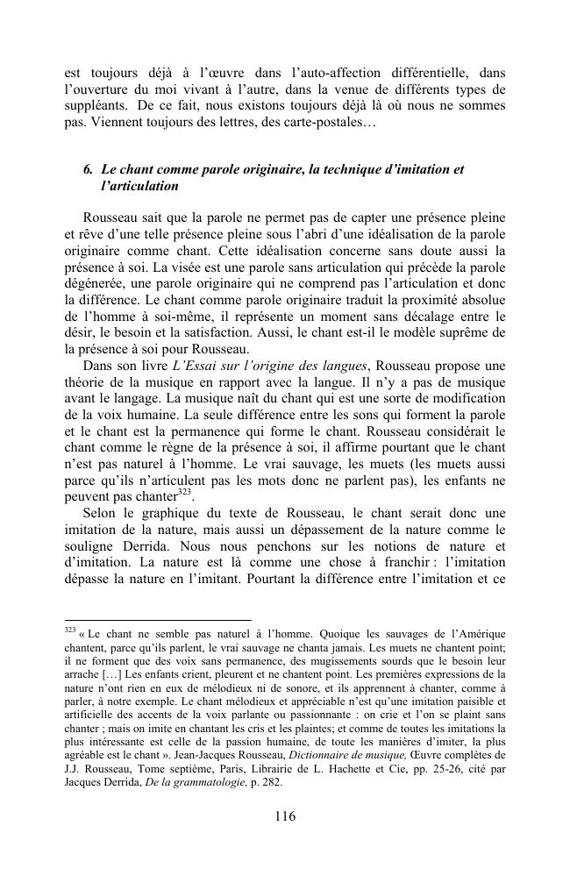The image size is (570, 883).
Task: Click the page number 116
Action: coord(285,815)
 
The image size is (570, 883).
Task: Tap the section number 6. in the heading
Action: coord(89,169)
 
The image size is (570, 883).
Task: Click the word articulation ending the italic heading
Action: coord(140,186)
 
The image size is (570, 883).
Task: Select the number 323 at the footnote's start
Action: coord(71,630)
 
